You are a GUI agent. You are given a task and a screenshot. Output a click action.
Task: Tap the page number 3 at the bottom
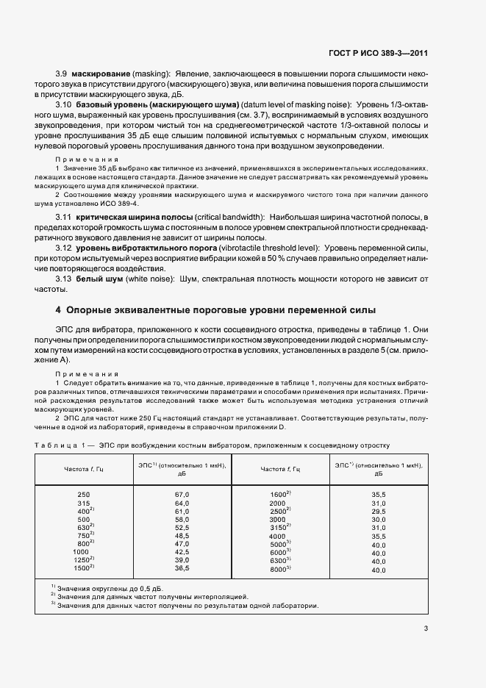coord(426,628)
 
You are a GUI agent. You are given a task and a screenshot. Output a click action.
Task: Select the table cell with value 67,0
coord(182,495)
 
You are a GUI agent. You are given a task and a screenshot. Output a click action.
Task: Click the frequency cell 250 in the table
coord(84,495)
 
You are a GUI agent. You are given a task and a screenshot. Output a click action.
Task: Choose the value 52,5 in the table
coord(182,527)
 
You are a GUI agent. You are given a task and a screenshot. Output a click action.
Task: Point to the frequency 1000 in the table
coord(81,551)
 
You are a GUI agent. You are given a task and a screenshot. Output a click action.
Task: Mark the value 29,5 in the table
coord(379,511)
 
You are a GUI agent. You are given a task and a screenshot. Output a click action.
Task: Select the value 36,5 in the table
coord(182,568)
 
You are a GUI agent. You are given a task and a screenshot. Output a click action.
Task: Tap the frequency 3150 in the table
coord(279,527)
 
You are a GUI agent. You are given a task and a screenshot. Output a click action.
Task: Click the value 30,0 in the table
coord(379,519)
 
